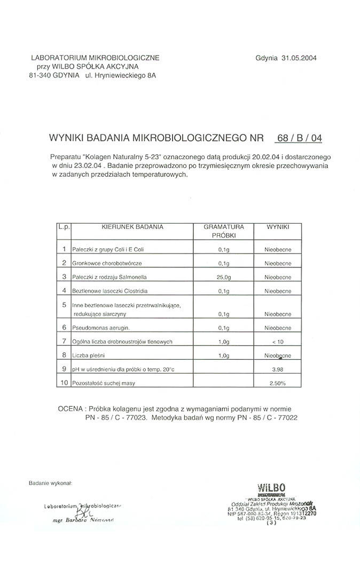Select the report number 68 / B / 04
coord(299,138)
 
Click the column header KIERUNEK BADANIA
coord(132,227)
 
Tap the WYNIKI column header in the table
coord(278,227)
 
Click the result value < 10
coord(278,341)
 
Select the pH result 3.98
coord(278,369)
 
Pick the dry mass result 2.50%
coord(278,383)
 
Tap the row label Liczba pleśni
coord(89,355)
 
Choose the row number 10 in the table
coord(64,383)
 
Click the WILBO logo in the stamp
coord(271,487)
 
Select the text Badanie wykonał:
coord(50,483)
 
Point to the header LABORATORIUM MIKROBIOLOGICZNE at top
coord(95,58)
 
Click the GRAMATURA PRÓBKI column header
coord(224,231)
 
